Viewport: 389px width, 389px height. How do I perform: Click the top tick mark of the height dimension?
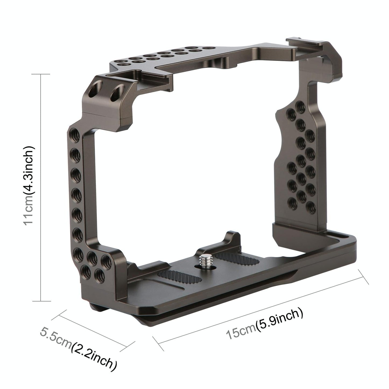tap(41, 74)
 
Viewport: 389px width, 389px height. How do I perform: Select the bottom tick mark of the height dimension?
tap(41, 301)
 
